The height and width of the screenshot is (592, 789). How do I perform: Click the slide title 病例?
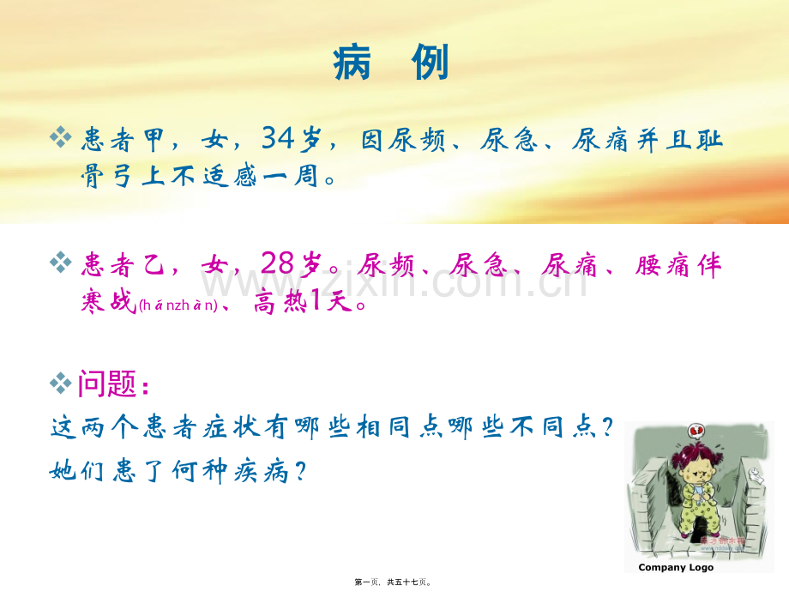(x=391, y=63)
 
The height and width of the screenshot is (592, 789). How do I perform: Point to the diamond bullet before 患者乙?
(x=60, y=263)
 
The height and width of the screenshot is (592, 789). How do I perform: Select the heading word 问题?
(x=108, y=384)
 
